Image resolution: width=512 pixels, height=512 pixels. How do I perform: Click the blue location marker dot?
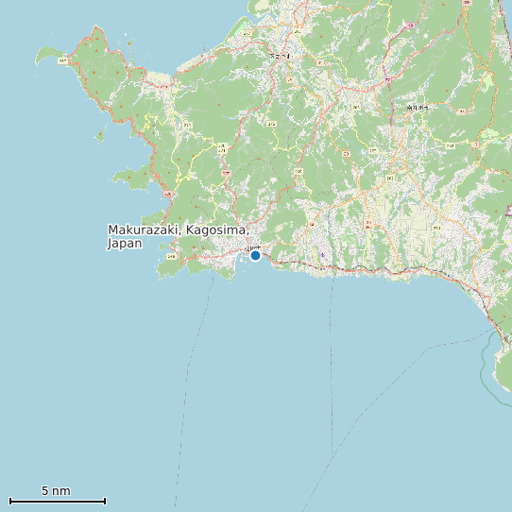(255, 255)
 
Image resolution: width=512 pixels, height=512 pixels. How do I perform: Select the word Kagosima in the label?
(216, 230)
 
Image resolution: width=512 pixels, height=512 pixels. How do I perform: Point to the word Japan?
(124, 244)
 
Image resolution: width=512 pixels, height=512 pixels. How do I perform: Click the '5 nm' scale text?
(56, 491)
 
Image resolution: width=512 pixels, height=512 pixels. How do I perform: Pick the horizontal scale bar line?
(57, 501)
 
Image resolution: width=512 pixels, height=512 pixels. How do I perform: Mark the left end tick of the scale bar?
(9, 501)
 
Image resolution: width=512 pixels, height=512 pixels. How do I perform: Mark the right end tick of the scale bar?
(105, 501)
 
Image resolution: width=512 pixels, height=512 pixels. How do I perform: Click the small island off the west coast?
(100, 136)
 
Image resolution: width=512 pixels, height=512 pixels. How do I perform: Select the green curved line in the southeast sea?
(486, 364)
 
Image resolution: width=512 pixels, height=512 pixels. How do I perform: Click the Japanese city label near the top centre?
(280, 56)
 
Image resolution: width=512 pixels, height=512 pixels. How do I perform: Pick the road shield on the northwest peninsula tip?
(62, 60)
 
